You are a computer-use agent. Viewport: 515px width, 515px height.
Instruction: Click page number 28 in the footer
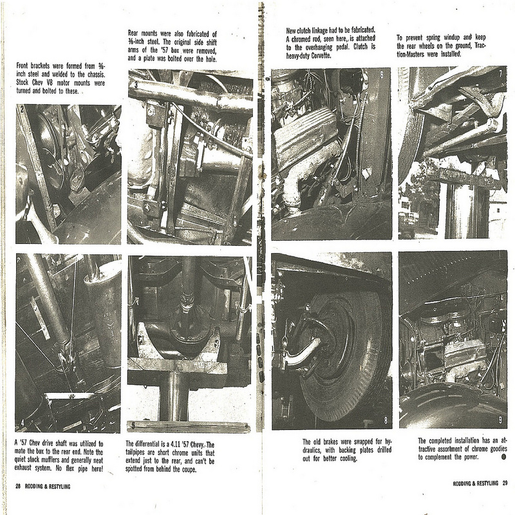[18, 487]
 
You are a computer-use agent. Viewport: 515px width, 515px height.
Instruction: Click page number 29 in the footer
[505, 483]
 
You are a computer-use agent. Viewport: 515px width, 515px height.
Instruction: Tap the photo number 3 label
[136, 85]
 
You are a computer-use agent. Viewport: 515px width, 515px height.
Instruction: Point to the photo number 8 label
[386, 420]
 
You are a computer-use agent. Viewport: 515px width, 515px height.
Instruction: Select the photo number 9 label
[500, 420]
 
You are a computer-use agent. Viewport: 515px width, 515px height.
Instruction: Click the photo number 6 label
[382, 75]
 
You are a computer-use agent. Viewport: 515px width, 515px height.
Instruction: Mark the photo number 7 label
[501, 73]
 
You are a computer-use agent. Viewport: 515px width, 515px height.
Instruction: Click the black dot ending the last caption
[504, 457]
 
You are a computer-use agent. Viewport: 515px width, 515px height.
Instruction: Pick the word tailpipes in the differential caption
[137, 453]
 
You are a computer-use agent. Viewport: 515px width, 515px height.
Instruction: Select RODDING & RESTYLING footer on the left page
[48, 487]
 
